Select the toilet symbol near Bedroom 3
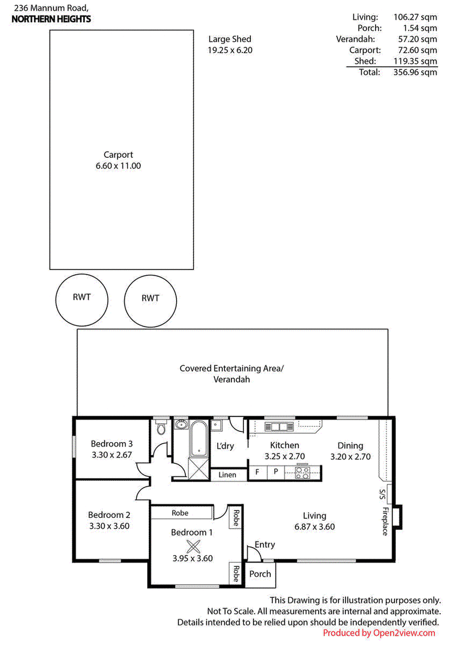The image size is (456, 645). [x=161, y=427]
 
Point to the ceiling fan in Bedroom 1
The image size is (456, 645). [x=193, y=546]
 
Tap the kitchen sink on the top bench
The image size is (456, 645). [x=279, y=427]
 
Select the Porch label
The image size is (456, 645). [x=260, y=574]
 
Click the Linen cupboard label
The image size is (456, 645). [x=227, y=475]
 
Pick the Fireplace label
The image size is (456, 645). [x=385, y=521]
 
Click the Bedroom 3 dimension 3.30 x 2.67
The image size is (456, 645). [x=112, y=455]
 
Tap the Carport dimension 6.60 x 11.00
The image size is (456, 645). [x=118, y=166]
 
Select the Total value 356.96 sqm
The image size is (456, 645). [x=416, y=72]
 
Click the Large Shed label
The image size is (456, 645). [x=230, y=39]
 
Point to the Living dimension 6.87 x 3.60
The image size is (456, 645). [x=315, y=527]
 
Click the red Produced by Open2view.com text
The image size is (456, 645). [x=378, y=633]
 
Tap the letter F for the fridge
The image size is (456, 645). [x=257, y=472]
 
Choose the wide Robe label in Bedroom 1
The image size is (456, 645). [x=180, y=513]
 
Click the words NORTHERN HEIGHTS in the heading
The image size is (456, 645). [x=51, y=19]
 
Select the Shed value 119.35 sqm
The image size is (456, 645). [x=416, y=62]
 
